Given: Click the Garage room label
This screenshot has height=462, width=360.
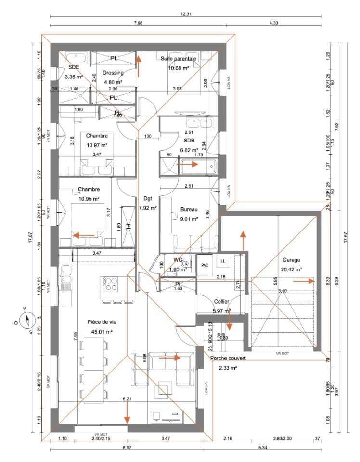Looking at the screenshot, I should click(291, 259).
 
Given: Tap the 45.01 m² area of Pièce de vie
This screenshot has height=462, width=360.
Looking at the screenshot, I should click(100, 332).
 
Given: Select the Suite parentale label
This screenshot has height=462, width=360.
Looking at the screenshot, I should click(179, 58).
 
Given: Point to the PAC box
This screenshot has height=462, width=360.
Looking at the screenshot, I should click(205, 265).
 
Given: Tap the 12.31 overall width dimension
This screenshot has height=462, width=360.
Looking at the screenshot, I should click(186, 14).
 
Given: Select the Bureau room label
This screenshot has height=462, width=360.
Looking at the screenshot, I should click(189, 209).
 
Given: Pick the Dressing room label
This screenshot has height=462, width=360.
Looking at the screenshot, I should click(114, 73).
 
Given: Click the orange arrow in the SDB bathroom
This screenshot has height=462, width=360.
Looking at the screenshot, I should click(188, 164).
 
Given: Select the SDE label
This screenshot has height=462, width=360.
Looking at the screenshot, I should click(74, 67).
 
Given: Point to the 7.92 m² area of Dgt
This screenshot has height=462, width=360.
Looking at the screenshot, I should click(148, 208).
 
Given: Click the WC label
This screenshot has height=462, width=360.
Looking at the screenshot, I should click(178, 260).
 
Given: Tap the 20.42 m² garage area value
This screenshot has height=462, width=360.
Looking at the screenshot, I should click(291, 269).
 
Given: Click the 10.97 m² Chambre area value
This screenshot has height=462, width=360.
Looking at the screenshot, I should click(96, 145).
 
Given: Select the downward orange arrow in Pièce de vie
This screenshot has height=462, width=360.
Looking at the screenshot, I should click(127, 411).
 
